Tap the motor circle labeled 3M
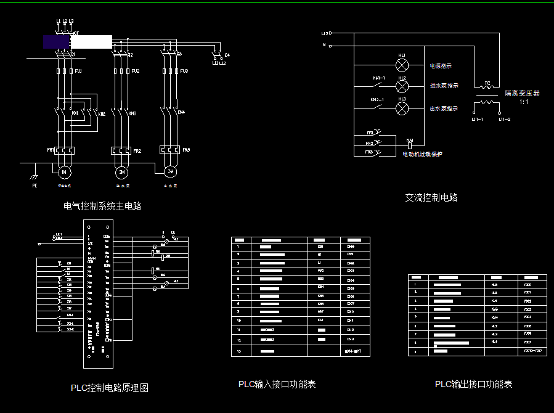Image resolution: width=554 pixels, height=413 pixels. pyautogui.click(x=171, y=171)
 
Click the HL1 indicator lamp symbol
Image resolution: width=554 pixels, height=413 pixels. pyautogui.click(x=402, y=64)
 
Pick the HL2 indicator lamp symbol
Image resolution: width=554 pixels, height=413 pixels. pyautogui.click(x=402, y=86)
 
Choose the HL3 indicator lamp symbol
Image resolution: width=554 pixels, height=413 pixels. pyautogui.click(x=402, y=108)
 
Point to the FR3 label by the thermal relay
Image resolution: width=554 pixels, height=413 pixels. pyautogui.click(x=186, y=150)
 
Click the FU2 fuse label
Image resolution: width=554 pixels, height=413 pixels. pyautogui.click(x=135, y=72)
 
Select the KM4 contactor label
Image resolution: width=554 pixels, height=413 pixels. pyautogui.click(x=181, y=113)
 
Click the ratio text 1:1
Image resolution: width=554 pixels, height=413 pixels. pyautogui.click(x=523, y=102)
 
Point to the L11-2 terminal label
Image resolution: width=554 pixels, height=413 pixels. pyautogui.click(x=505, y=119)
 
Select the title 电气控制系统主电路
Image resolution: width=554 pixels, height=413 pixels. pyautogui.click(x=102, y=206)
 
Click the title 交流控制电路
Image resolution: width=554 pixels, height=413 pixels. pyautogui.click(x=431, y=198)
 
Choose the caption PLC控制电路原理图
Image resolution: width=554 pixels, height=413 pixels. pyautogui.click(x=110, y=388)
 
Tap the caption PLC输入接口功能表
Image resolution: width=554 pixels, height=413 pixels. pyautogui.click(x=277, y=384)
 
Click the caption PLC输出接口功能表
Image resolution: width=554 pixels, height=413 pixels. pyautogui.click(x=473, y=384)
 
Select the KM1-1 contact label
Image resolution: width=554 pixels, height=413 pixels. pyautogui.click(x=378, y=78)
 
